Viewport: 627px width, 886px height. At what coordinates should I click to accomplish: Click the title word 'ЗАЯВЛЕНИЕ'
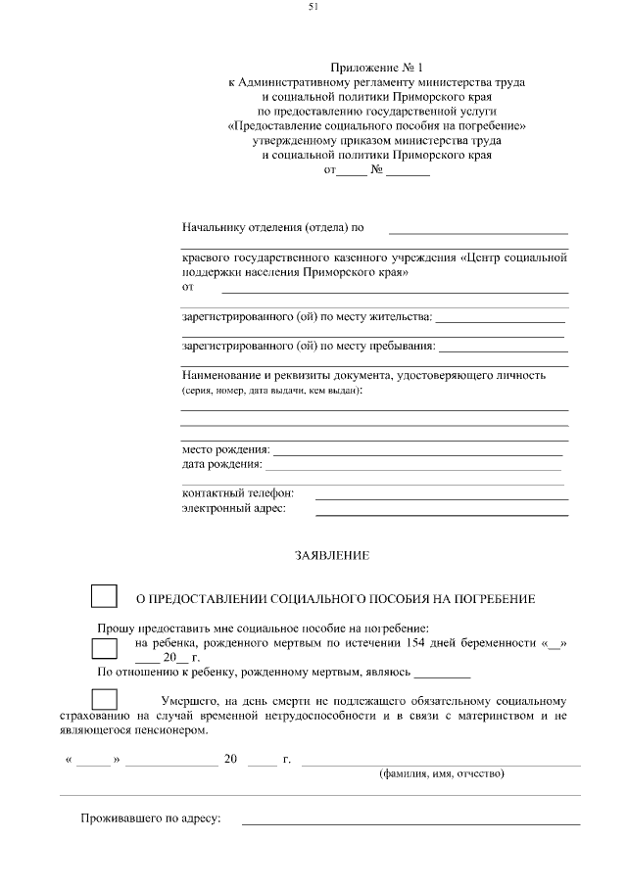(332, 555)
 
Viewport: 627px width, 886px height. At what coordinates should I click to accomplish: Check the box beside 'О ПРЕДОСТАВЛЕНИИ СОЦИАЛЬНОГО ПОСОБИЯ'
(104, 596)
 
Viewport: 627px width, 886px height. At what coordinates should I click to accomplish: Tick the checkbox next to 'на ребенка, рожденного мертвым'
(104, 649)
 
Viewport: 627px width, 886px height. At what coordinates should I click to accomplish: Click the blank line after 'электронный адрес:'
(441, 513)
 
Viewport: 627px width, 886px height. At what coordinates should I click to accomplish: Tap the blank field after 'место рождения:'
(417, 454)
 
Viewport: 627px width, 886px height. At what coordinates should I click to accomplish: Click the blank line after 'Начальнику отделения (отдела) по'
(478, 232)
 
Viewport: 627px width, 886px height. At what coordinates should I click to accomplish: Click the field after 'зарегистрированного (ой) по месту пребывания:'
(503, 350)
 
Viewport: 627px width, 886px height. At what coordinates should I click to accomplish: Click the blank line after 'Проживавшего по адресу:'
(410, 823)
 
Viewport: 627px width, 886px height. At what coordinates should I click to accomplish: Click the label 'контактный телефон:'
(238, 493)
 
